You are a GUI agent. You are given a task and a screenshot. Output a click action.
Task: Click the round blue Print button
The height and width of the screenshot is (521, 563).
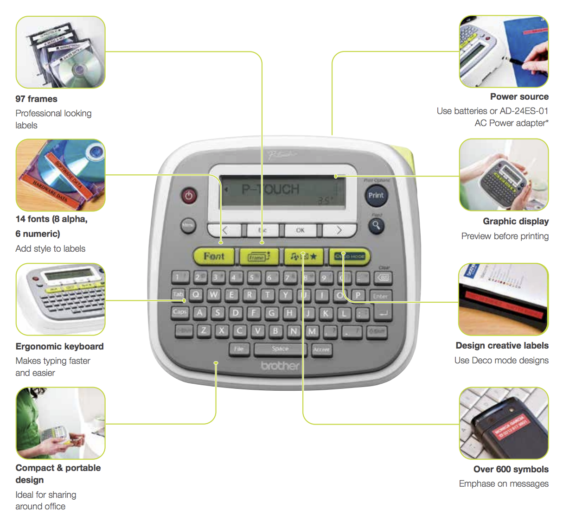pos(376,195)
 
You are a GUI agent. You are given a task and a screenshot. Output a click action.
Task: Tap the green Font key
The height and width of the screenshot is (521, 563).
pos(214,256)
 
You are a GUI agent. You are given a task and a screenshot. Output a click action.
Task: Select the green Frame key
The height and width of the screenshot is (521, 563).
pos(258,256)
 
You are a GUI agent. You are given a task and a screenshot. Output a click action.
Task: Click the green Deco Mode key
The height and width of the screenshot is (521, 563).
pos(350,256)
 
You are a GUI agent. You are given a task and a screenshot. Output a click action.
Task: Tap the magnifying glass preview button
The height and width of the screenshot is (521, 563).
pos(376,226)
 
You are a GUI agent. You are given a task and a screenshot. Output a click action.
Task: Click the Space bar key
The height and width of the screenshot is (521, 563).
pos(280,349)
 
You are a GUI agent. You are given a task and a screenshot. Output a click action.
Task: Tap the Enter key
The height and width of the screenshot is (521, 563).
pos(380,296)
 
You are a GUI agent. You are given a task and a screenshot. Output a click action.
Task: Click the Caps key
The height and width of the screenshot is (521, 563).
pos(179,312)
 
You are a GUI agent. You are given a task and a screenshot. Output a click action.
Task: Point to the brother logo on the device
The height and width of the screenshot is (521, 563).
pos(280,366)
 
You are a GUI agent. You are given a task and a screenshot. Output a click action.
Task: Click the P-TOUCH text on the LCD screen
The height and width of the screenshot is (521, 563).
pos(270,189)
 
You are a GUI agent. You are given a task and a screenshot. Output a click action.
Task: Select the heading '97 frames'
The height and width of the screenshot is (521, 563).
pos(37,99)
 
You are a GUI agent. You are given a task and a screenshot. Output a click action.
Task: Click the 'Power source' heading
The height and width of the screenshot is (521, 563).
pos(519,96)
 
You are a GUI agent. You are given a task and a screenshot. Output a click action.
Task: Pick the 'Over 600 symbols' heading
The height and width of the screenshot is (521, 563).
pos(511,469)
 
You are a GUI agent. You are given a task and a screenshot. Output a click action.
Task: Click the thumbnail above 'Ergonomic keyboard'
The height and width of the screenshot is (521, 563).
pos(61,299)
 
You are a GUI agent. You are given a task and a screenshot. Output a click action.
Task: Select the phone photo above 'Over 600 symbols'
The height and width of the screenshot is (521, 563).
pos(504,423)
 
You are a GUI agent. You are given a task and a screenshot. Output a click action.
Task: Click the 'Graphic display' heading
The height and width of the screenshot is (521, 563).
pos(515,221)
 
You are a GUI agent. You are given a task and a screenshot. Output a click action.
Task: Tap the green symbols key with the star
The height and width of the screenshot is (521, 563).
pos(304,256)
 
